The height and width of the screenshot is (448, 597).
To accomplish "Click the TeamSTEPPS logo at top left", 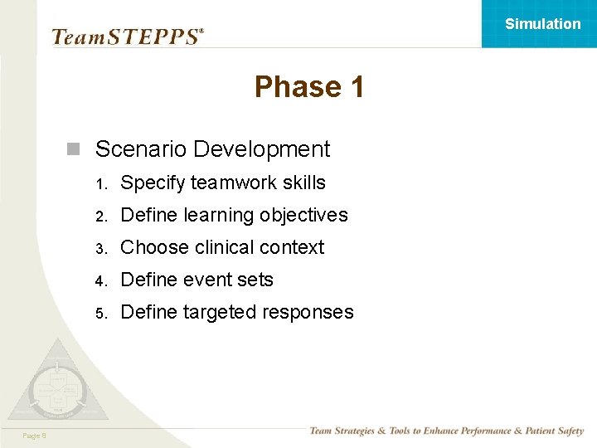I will [127, 37].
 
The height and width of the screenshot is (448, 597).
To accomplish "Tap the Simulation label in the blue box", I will [543, 24].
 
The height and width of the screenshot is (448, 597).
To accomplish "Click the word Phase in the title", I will [286, 87].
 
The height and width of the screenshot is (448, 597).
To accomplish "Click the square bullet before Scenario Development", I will [74, 150].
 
